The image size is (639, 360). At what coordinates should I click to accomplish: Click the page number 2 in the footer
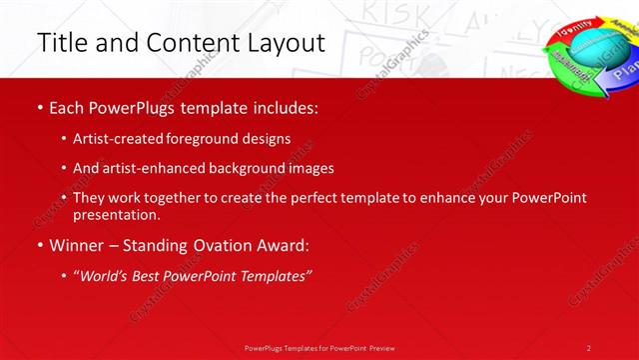tap(589, 348)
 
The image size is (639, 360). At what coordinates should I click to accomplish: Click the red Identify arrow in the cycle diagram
tap(576, 25)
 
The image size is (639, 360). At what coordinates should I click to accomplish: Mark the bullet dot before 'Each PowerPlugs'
tap(39, 106)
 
